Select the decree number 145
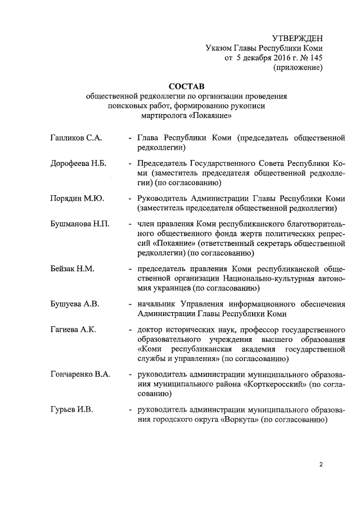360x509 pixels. pos(315,57)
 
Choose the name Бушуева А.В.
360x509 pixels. pos(75,304)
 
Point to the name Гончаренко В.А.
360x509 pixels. pos(80,374)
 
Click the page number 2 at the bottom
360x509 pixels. pos(321,465)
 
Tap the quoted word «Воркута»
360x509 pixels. pos(238,420)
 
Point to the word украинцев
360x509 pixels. pos(171,289)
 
